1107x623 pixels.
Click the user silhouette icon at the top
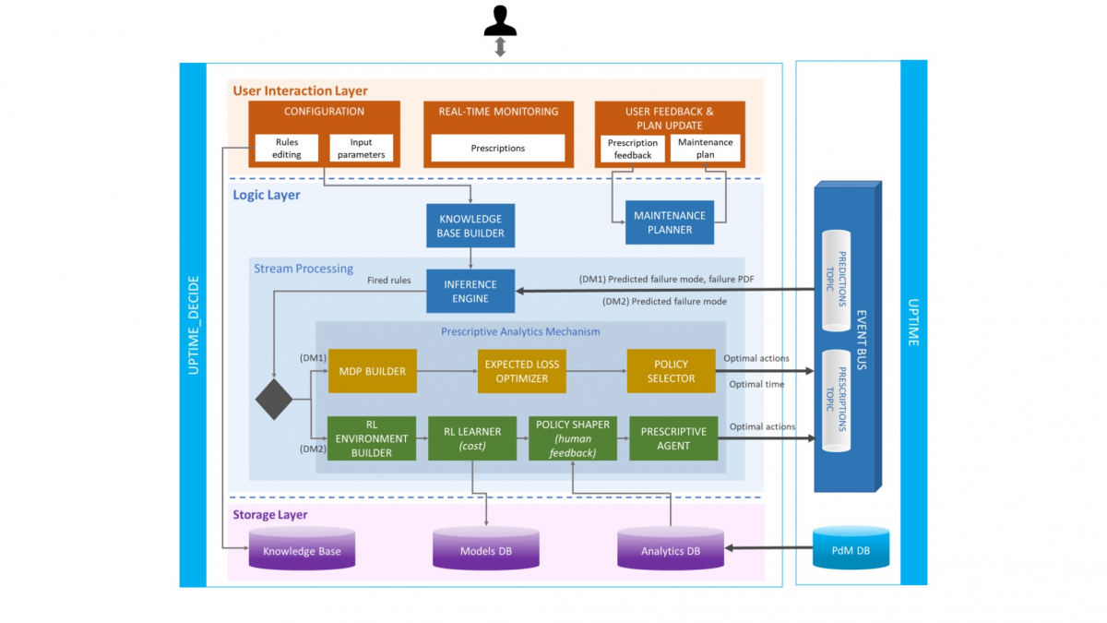500,20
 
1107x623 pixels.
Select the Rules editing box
286,149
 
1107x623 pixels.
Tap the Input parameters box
361,149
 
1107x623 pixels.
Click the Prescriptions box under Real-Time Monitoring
498,149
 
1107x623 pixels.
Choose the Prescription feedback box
633,149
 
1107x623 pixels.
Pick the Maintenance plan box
706,149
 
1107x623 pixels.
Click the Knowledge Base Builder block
470,226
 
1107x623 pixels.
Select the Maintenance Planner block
670,222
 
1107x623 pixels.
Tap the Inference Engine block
470,291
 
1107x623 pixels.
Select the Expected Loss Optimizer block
522,371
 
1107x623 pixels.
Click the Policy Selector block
671,371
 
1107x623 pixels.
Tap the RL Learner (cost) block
472,438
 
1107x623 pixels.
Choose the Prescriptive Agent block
673,438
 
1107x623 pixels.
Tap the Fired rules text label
389,279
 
